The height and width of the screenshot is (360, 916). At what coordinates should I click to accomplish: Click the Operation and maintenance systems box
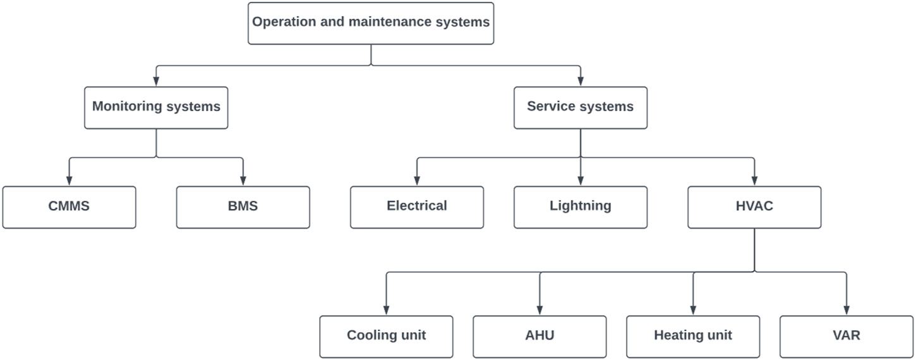371,23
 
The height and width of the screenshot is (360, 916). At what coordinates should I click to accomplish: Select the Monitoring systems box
156,107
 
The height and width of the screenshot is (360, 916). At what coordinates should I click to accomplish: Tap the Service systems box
580,107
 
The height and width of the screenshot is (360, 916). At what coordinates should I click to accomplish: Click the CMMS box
69,207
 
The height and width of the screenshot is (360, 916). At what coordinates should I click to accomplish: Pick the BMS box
243,207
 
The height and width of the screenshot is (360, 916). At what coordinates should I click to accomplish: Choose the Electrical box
417,207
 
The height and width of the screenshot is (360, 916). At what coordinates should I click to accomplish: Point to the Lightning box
580,207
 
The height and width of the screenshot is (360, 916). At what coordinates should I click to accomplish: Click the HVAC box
754,207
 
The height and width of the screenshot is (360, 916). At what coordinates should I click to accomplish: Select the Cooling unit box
386,336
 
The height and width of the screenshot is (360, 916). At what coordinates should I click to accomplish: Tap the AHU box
539,336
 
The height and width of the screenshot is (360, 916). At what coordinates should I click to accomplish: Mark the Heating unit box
693,336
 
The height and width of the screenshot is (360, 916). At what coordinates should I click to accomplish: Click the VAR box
847,336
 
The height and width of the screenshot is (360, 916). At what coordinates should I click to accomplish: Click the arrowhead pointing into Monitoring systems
156,81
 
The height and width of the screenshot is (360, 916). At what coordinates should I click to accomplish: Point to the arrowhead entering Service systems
580,81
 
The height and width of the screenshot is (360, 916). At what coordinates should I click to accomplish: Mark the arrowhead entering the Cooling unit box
386,310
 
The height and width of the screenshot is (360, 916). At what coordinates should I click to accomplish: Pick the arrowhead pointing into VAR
847,310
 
